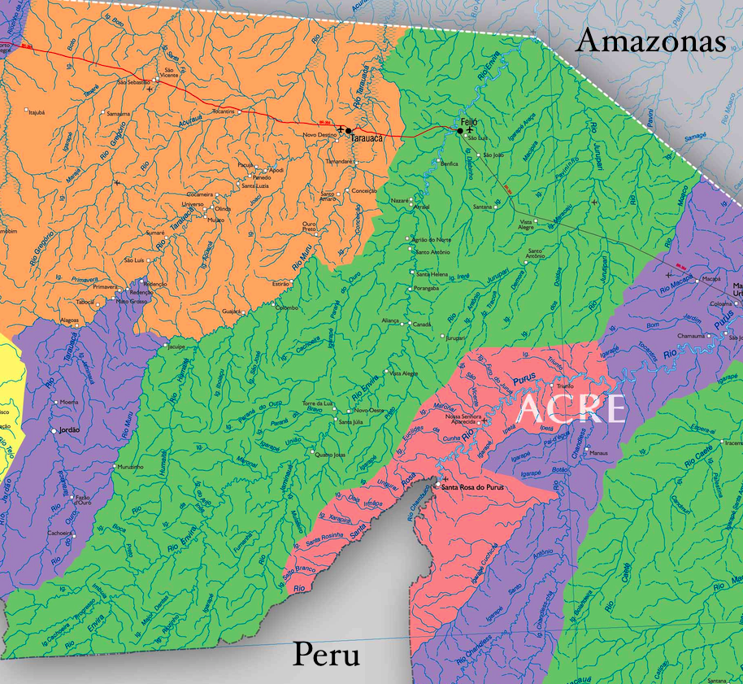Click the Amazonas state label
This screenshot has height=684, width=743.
pyautogui.click(x=650, y=41)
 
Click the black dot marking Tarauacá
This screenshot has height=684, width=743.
pyautogui.click(x=348, y=130)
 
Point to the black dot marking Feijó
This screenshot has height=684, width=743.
pyautogui.click(x=459, y=131)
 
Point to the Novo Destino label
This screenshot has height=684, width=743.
pyautogui.click(x=319, y=135)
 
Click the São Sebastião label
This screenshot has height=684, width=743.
pyautogui.click(x=134, y=82)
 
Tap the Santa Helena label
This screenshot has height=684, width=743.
pyautogui.click(x=432, y=275)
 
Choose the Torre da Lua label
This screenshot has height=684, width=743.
pyautogui.click(x=319, y=403)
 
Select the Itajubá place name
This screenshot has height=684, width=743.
pyautogui.click(x=37, y=112)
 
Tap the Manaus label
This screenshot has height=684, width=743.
pyautogui.click(x=599, y=452)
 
